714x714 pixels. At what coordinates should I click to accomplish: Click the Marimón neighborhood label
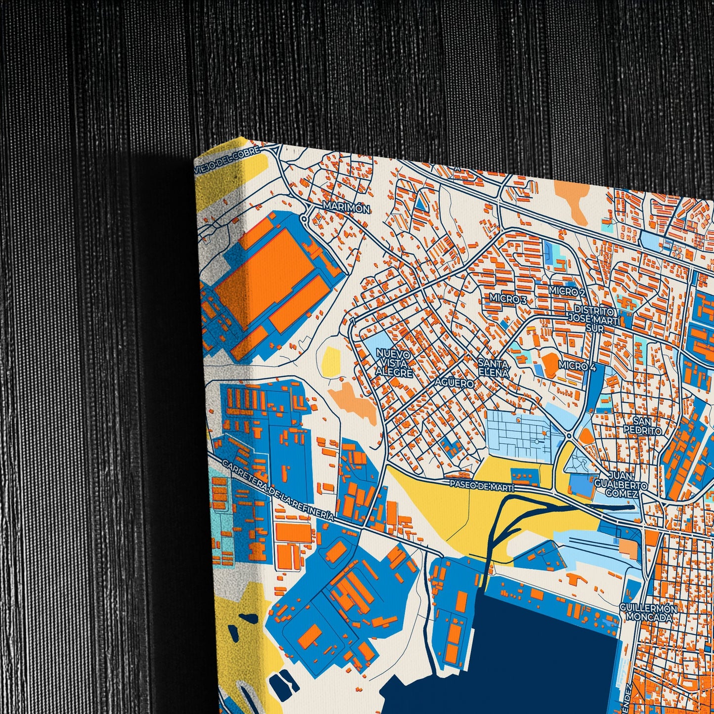pos(346,209)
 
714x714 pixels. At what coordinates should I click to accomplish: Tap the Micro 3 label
pos(508,299)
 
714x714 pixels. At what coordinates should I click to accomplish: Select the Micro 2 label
pos(567,292)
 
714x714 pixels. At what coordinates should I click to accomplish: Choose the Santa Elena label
pos(493,368)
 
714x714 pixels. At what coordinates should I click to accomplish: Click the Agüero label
pos(454,383)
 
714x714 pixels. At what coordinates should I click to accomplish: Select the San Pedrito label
pos(642,426)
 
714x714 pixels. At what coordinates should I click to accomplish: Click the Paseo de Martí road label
pos(481,486)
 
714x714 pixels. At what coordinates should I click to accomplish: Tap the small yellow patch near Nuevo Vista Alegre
pos(331,361)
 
